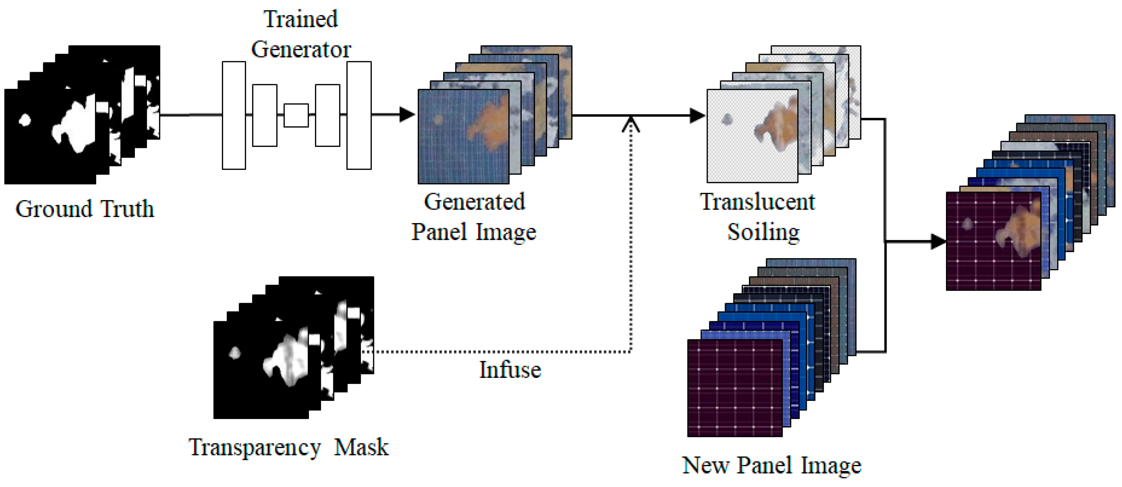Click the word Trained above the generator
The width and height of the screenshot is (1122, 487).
(301, 19)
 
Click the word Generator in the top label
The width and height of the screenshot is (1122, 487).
(301, 49)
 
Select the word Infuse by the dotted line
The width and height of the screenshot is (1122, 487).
(510, 370)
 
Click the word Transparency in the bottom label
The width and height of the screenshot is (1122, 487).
(255, 448)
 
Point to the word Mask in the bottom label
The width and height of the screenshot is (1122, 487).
(361, 448)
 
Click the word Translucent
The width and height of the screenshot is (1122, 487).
(757, 202)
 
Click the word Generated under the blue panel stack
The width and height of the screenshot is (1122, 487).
(474, 202)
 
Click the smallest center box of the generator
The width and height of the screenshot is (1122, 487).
(296, 115)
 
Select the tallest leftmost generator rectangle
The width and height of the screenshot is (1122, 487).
(234, 115)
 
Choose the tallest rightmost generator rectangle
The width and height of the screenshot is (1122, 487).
(359, 115)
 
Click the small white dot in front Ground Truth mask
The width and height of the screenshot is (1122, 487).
(24, 120)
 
